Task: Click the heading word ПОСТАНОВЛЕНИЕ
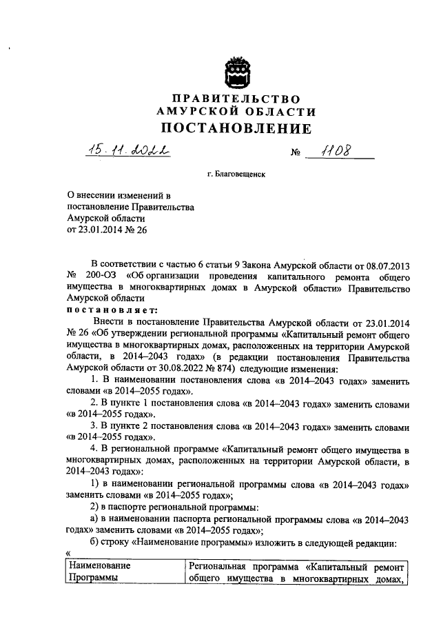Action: click(x=236, y=128)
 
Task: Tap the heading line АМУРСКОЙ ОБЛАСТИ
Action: click(x=236, y=112)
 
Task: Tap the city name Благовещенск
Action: click(x=236, y=176)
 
